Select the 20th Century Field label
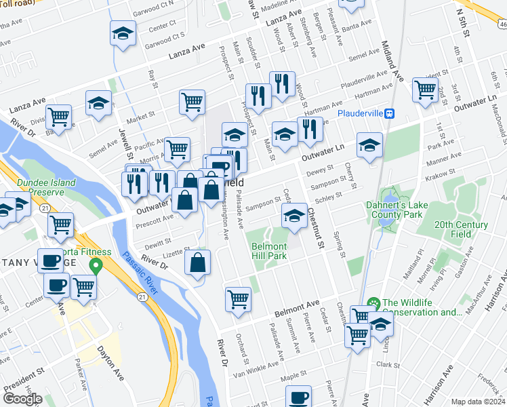(x=461, y=229)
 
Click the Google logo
(x=22, y=398)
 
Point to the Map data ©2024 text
(x=477, y=402)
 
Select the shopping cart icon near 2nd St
(x=425, y=88)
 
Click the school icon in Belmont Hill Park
(x=293, y=216)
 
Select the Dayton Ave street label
(x=110, y=363)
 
